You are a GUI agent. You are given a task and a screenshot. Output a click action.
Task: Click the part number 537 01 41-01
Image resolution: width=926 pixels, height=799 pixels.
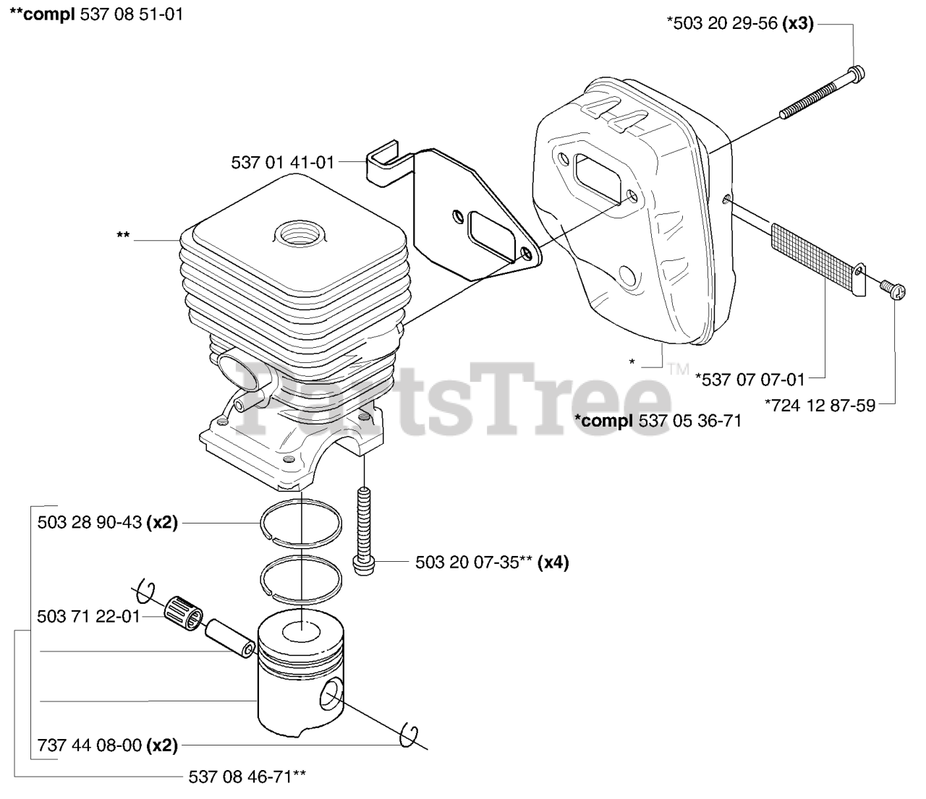pos(283,162)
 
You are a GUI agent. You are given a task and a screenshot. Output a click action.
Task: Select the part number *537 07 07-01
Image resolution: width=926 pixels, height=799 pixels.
pos(750,380)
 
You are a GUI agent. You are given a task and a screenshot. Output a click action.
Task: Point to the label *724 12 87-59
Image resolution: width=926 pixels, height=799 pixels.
pos(820,406)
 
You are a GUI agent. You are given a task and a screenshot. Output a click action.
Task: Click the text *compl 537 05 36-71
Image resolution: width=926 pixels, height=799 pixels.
pos(658,421)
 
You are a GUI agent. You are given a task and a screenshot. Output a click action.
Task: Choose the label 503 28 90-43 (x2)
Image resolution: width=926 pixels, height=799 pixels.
pos(108,523)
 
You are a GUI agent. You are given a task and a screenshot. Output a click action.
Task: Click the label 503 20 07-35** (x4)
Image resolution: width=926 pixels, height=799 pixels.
pos(492,562)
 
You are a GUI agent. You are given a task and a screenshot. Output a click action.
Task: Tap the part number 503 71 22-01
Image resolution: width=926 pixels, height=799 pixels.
pos(89,618)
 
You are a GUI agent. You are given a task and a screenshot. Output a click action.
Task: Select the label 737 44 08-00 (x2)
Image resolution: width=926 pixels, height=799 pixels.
pos(108,745)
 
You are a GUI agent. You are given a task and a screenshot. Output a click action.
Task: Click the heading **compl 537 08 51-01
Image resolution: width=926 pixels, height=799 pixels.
pos(96,14)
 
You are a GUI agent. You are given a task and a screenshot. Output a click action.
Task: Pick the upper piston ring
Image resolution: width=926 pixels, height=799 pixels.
pos(301,524)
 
